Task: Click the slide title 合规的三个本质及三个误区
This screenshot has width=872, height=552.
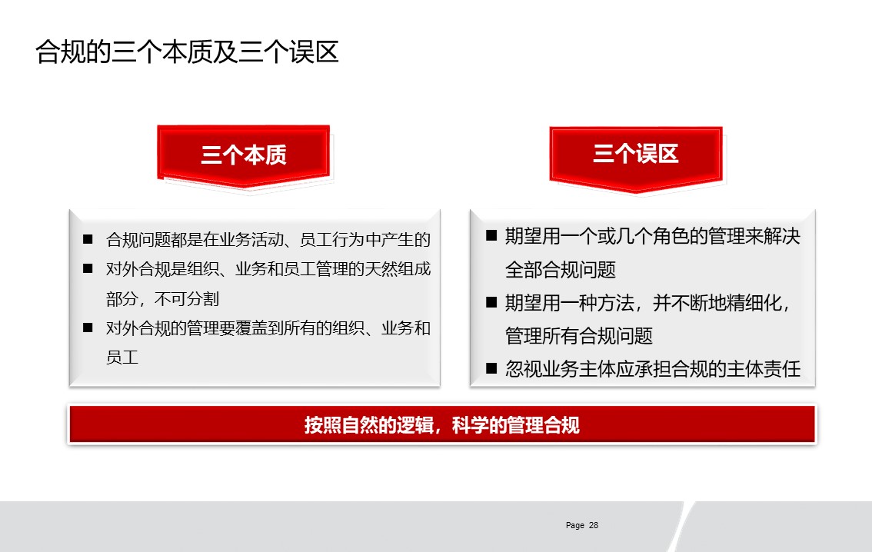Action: (x=187, y=52)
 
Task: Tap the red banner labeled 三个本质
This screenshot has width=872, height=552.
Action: (x=244, y=155)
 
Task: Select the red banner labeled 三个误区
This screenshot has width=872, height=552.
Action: (x=636, y=156)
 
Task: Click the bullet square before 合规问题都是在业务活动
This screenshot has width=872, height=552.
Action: (x=88, y=239)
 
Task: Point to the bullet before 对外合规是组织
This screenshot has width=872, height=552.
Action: (x=88, y=268)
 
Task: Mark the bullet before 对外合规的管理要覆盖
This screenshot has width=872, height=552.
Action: (x=88, y=328)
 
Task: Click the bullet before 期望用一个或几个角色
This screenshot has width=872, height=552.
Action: (x=491, y=235)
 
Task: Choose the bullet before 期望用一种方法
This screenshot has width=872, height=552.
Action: (x=491, y=302)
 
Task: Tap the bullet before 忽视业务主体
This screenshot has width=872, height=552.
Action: (x=491, y=368)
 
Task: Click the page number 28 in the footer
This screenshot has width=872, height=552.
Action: (x=594, y=525)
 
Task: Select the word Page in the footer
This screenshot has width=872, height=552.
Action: (x=575, y=525)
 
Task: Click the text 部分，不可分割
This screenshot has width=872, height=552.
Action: (x=162, y=299)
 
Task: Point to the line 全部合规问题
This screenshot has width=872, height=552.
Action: (x=561, y=270)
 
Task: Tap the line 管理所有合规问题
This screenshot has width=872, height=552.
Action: (x=579, y=336)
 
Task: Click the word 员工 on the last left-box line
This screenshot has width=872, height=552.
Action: (x=121, y=357)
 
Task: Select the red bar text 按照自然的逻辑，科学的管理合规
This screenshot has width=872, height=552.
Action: (x=441, y=425)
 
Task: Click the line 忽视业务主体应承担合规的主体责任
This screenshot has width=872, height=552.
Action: (x=653, y=368)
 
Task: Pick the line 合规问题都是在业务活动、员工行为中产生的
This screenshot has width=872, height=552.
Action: (x=268, y=240)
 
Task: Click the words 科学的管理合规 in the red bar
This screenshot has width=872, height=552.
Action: (x=515, y=425)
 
